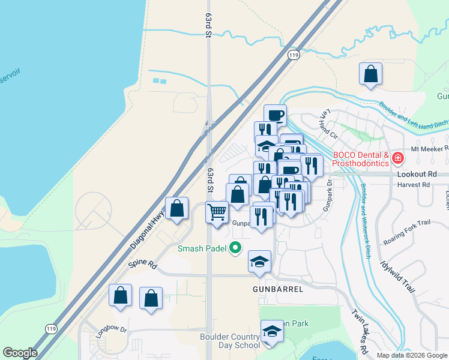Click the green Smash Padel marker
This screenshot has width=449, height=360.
pos(236,248)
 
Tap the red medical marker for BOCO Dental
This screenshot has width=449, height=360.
pos(397,159)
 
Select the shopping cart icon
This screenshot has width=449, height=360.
pos(217,211)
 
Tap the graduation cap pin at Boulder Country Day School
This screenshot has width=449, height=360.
pos(271,332)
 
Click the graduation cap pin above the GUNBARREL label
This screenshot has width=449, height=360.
pos(259,262)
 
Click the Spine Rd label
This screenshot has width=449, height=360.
pos(142,264)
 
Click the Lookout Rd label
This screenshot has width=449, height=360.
pos(414,173)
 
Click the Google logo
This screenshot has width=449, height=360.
pos(20,353)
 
